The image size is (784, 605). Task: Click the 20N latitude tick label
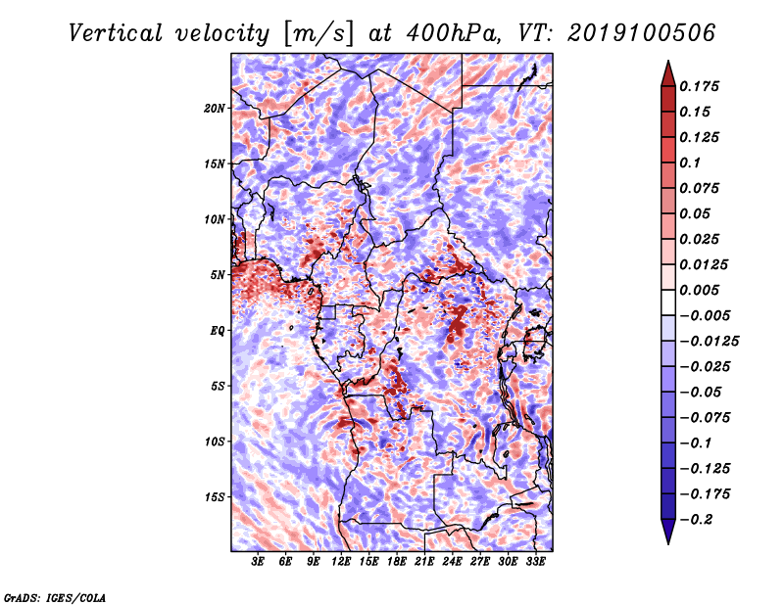[214, 109]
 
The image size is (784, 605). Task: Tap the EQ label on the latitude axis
[218, 331]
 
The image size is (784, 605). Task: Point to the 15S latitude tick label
[215, 497]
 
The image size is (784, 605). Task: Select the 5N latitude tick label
[218, 275]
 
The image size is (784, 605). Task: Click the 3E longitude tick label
[258, 562]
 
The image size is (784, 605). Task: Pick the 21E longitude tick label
[424, 562]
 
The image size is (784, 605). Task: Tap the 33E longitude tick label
[535, 562]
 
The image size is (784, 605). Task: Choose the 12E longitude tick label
[341, 562]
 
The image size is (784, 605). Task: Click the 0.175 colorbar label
[699, 86]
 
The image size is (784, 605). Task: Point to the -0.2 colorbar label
[696, 520]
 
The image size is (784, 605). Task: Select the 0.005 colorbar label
[699, 290]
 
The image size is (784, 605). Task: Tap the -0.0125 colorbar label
[709, 342]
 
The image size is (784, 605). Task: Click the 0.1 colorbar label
[690, 163]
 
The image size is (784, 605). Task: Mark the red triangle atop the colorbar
[668, 73]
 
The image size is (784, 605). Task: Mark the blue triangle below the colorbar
[668, 532]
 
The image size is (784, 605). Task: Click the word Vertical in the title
[116, 33]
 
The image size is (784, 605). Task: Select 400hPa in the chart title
[453, 33]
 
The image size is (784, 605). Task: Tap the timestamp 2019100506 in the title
[642, 33]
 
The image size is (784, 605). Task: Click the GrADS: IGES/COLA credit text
[55, 598]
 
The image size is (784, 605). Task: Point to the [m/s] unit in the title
[318, 34]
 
